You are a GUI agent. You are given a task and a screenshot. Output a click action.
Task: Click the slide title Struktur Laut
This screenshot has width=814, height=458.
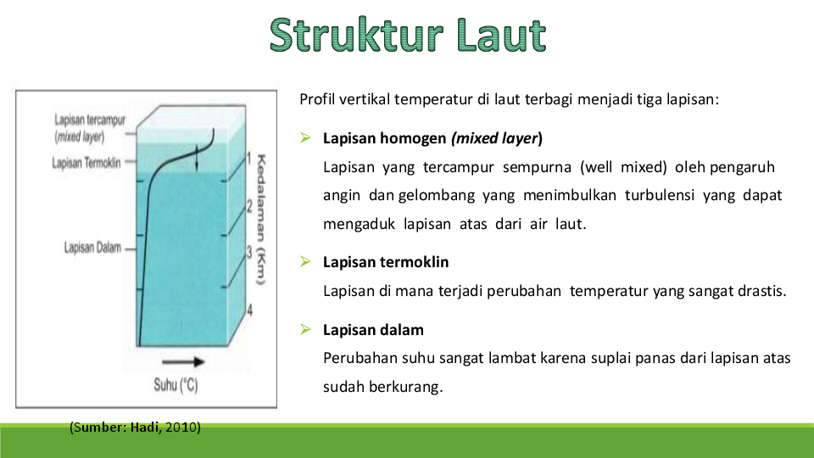click(x=408, y=35)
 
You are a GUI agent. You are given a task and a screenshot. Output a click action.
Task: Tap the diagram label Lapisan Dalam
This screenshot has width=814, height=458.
click(x=92, y=248)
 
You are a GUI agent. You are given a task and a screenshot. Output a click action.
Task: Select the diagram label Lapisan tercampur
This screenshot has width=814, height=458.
click(x=89, y=120)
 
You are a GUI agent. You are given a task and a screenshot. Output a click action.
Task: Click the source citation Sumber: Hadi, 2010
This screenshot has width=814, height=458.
click(x=135, y=427)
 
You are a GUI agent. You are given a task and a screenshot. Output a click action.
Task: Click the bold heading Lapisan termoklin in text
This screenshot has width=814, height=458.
click(x=386, y=262)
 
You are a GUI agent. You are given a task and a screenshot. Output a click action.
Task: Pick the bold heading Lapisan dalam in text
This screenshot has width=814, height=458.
click(x=373, y=329)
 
